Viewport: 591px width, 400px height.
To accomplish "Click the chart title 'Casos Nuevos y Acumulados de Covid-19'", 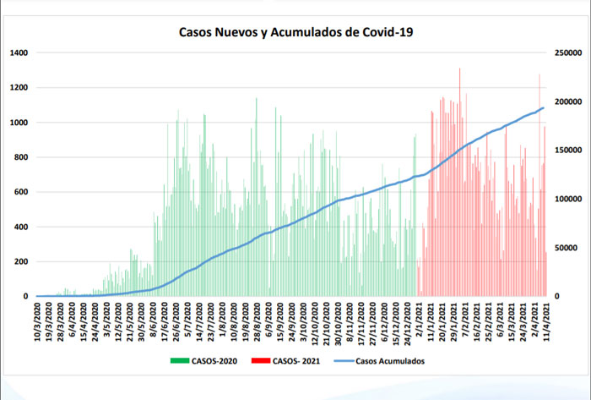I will point(295,32).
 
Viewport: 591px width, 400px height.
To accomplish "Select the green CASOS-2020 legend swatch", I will point(179,360).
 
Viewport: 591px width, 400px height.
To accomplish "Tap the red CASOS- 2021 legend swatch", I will point(262,360).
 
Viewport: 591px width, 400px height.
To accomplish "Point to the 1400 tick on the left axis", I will point(19,52).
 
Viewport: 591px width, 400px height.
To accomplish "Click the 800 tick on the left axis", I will point(21,157).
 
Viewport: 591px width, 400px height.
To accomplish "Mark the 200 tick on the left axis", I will point(21,261).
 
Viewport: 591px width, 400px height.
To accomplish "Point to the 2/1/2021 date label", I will point(420,320).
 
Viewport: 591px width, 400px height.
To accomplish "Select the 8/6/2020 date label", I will point(154,320).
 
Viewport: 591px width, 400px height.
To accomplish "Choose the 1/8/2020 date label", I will point(220,320).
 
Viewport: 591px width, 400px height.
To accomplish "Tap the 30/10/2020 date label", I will point(338,321).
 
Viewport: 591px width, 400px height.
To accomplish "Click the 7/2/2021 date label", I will point(465,320).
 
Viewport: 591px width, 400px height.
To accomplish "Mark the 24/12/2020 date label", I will point(408,322).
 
